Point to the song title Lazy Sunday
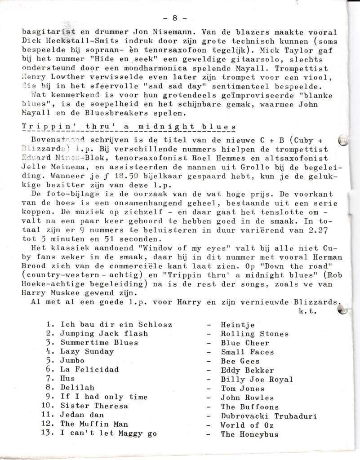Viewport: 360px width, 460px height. [x=87, y=352]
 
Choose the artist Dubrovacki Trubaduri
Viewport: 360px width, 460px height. [x=268, y=416]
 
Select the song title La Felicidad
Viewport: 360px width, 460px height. [x=89, y=370]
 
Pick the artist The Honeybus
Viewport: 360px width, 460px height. [x=249, y=434]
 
